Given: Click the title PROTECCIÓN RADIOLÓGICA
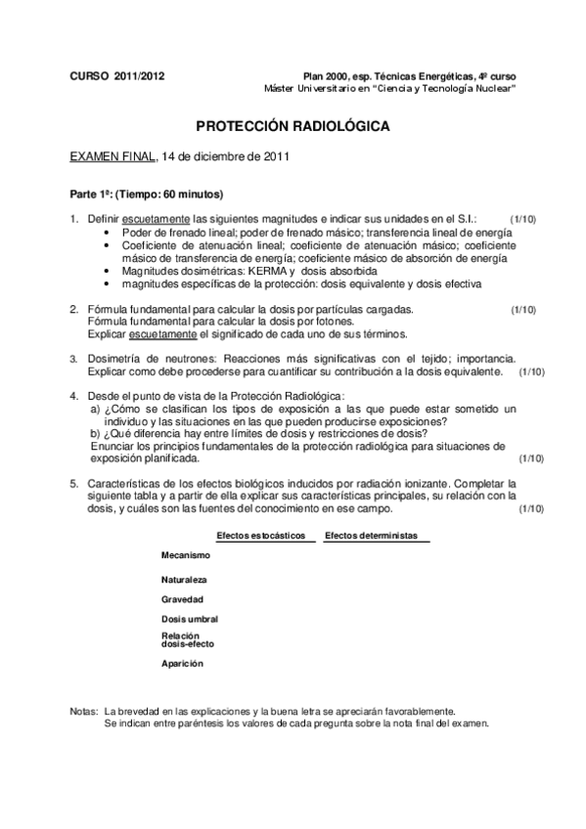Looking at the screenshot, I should (293, 127).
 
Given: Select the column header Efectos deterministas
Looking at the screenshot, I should (371, 536).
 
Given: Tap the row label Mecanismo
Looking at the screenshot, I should (187, 555).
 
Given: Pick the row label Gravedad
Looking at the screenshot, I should (183, 598).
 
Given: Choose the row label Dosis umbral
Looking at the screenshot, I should (190, 619).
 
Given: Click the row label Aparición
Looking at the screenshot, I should (183, 663).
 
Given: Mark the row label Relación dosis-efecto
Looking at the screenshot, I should (188, 639).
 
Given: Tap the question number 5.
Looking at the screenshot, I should (74, 484).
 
